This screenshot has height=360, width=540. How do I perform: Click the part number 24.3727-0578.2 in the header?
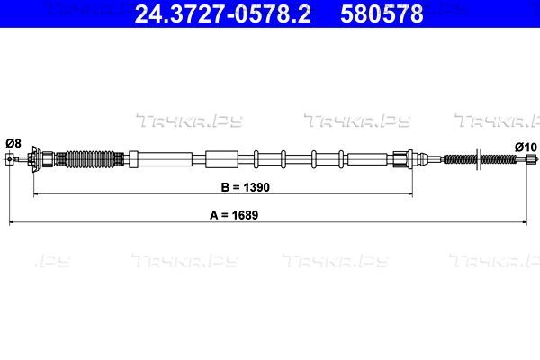pyautogui.click(x=223, y=13)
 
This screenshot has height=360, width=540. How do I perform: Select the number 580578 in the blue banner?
pyautogui.click(x=382, y=13)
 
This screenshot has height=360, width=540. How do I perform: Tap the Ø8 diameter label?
pyautogui.click(x=13, y=143)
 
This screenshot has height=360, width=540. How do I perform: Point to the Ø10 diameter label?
pyautogui.click(x=526, y=148)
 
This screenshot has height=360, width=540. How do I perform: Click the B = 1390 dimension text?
pyautogui.click(x=245, y=187)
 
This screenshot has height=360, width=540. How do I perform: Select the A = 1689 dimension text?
pyautogui.click(x=234, y=215)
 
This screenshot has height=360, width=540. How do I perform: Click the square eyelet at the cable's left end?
pyautogui.click(x=9, y=159)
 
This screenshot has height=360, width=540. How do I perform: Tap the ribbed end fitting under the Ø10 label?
pyautogui.click(x=532, y=158)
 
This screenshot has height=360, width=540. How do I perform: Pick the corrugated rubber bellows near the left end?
pyautogui.click(x=89, y=159)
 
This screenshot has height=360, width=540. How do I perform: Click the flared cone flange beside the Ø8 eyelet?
pyautogui.click(x=35, y=159)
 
